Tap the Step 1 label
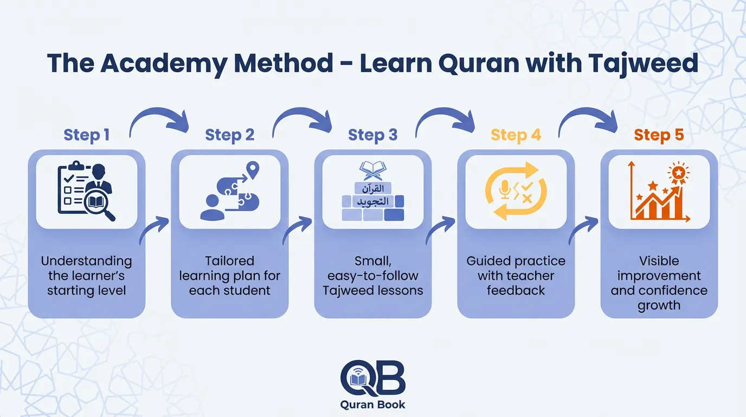(86, 135)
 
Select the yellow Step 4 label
(516, 135)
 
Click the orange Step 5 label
(659, 135)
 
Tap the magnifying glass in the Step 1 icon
(102, 208)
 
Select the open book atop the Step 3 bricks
(372, 170)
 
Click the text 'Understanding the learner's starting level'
(86, 275)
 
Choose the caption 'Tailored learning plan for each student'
(229, 275)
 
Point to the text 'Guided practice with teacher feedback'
(516, 275)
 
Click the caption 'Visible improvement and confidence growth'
(659, 283)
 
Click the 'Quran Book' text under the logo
(372, 404)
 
